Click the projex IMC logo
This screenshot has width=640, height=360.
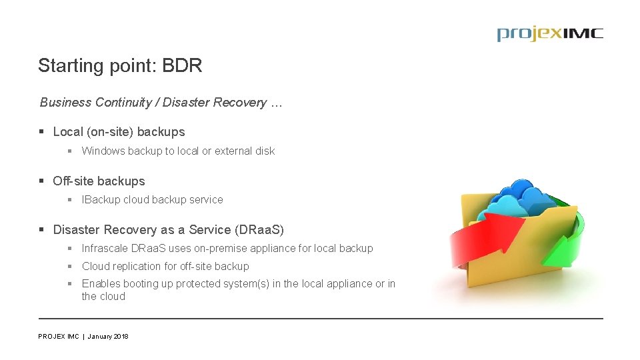(x=549, y=34)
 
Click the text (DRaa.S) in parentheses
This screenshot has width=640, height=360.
(x=259, y=230)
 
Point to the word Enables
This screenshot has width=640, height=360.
(x=101, y=284)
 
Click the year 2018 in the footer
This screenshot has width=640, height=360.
(x=121, y=337)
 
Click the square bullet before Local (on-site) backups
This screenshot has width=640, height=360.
(x=42, y=132)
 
